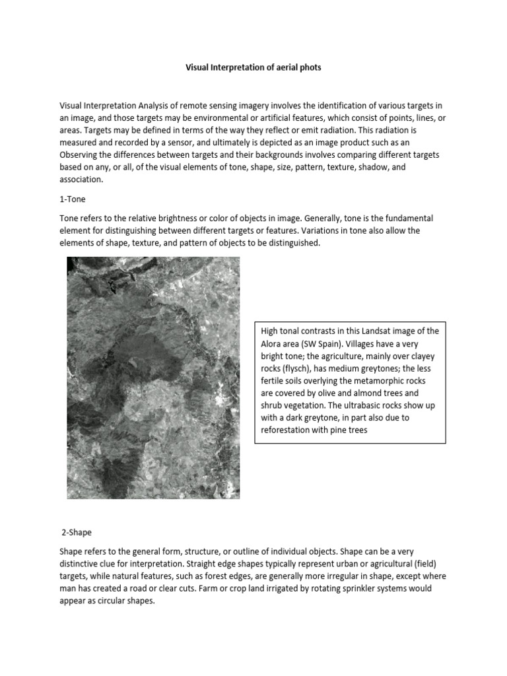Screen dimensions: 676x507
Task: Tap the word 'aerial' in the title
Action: pos(277,68)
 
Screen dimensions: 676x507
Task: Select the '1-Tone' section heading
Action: pos(73,199)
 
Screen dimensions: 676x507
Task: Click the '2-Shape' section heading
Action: pos(77,531)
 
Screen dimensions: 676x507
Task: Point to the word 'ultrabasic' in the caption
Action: pos(371,406)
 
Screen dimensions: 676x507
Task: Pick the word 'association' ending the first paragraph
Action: pos(81,180)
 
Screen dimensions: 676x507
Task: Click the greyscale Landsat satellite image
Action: pos(153,377)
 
